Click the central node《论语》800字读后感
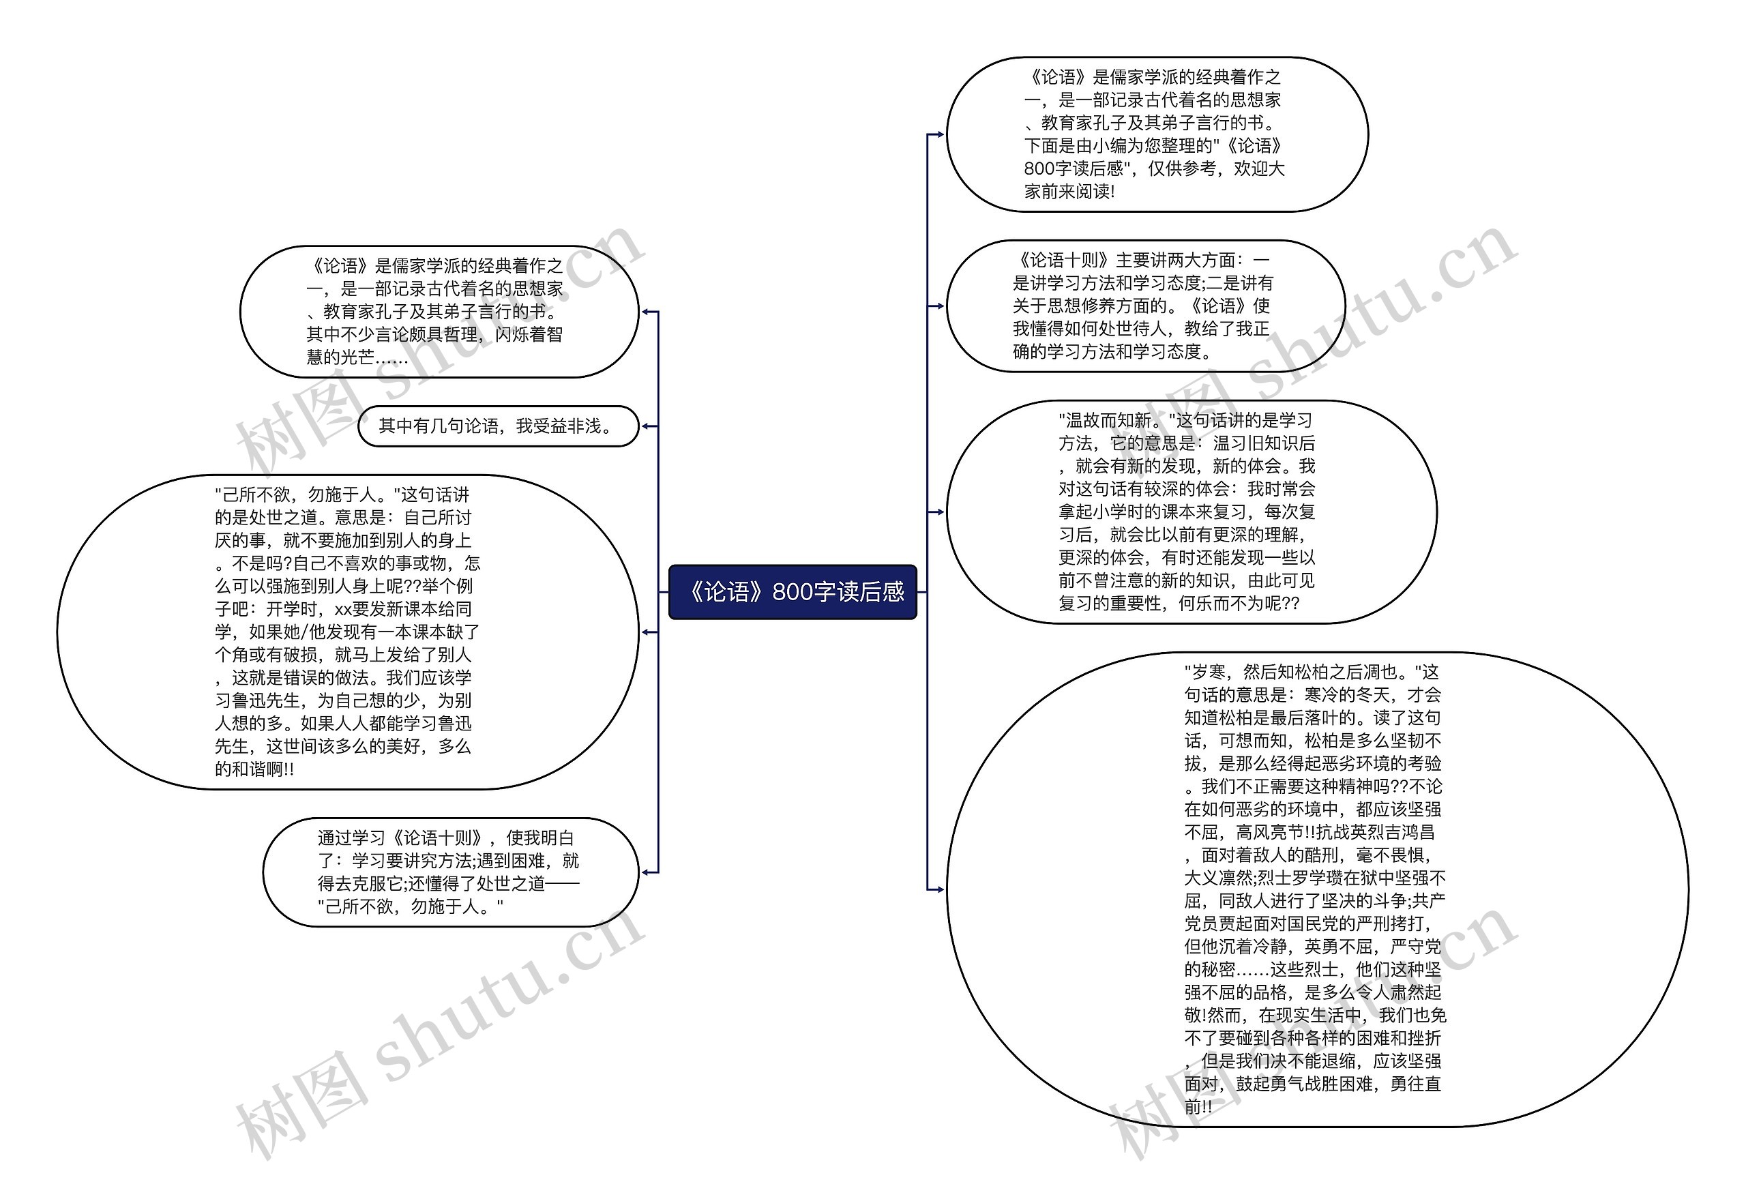click(793, 592)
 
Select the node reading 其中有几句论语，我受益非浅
click(498, 426)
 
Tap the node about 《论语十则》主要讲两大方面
click(1145, 306)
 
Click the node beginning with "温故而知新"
click(1191, 512)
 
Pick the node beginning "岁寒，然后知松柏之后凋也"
click(1316, 889)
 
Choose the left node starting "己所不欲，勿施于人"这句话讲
click(347, 632)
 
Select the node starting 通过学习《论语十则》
click(449, 872)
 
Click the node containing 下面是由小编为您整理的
click(1157, 134)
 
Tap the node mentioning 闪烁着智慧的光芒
click(439, 311)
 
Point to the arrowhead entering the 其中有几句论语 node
click(645, 426)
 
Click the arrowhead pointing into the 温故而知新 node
click(940, 512)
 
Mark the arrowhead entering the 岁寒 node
click(940, 889)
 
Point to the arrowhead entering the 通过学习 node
click(645, 872)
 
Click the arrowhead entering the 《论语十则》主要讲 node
click(940, 306)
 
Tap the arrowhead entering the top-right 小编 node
click(940, 134)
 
